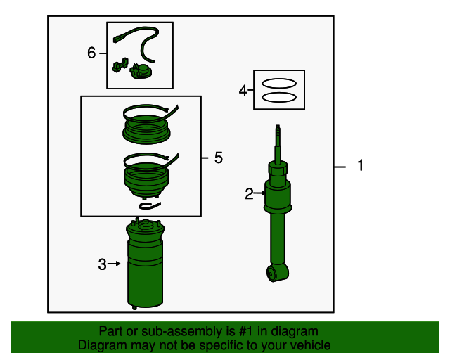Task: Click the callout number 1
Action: tap(360, 165)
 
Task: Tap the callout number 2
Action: tap(249, 194)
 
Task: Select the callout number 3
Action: tap(102, 264)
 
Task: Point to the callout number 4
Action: tap(243, 91)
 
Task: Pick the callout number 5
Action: tap(219, 157)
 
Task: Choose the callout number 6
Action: tap(91, 53)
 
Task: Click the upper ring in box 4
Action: tap(279, 84)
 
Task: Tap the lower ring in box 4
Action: tap(279, 97)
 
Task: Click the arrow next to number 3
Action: tap(115, 264)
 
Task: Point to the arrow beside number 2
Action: tap(259, 193)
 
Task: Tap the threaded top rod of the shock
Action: tap(278, 144)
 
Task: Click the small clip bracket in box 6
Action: tap(120, 65)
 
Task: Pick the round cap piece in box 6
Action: tap(141, 72)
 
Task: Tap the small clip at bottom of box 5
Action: tap(149, 205)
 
